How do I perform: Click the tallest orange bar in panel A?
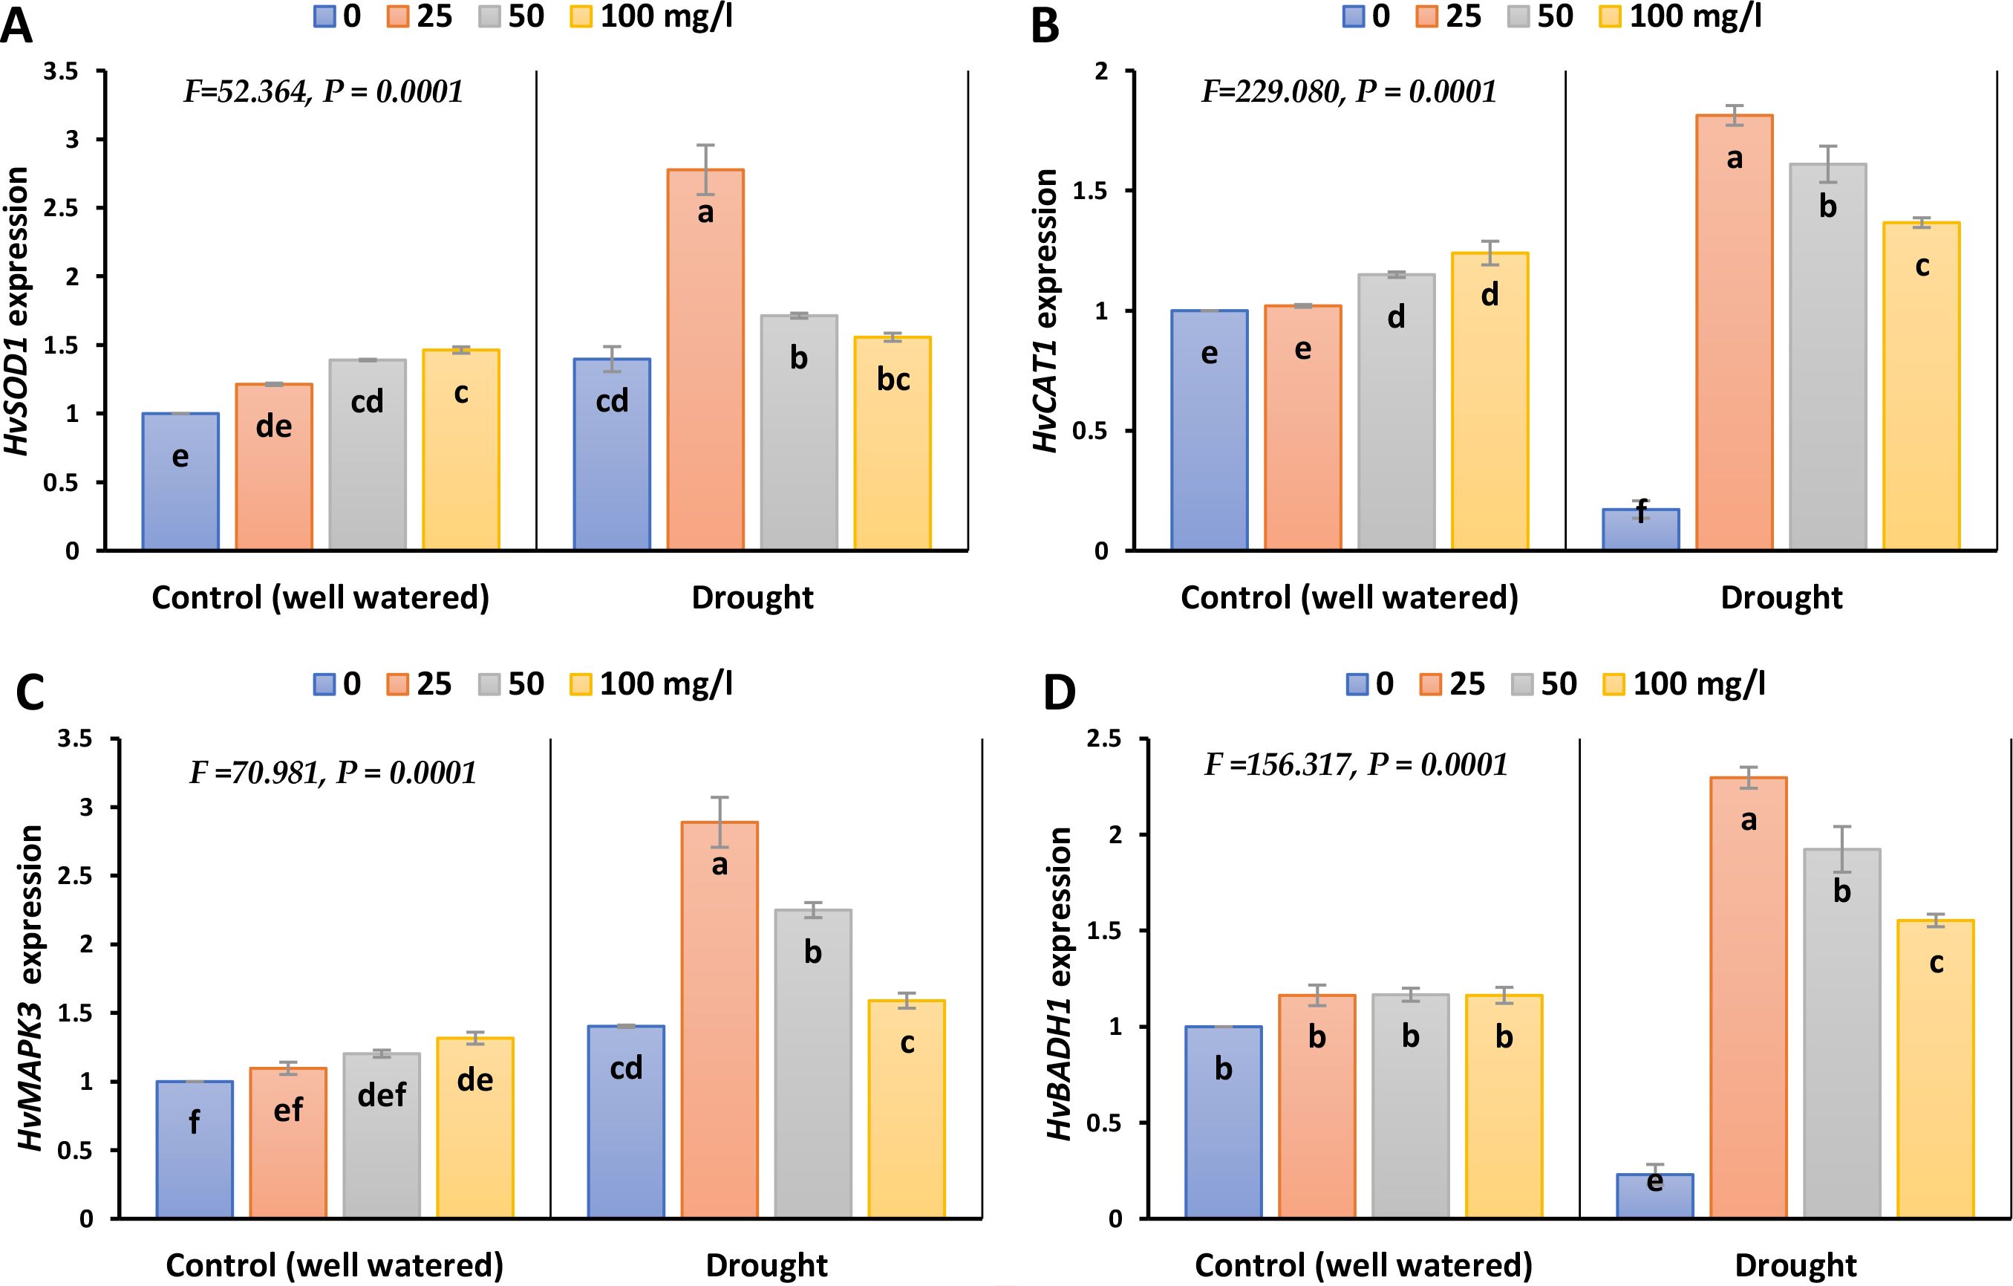[705, 360]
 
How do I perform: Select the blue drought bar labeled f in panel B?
[1640, 529]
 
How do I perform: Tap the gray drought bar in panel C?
[812, 1062]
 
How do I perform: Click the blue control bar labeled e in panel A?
[180, 481]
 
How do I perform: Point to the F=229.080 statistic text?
[1348, 91]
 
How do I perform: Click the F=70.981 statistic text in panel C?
[333, 773]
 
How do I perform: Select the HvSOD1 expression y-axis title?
[19, 311]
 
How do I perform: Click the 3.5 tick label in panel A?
[62, 72]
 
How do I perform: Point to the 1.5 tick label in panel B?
[1089, 192]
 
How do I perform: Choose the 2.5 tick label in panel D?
[1104, 739]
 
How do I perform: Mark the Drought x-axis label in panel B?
[1781, 598]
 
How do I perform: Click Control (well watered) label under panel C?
[334, 1265]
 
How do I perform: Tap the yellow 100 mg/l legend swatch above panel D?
[1614, 685]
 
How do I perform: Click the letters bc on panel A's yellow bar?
[893, 380]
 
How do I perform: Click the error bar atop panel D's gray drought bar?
[1841, 849]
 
